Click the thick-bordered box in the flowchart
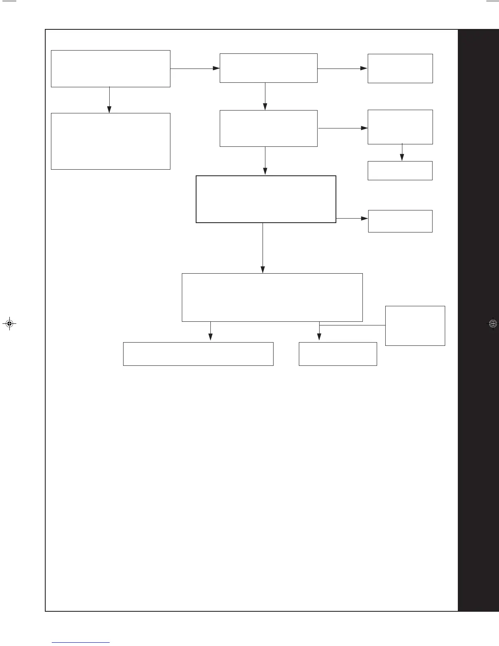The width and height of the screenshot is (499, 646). [266, 199]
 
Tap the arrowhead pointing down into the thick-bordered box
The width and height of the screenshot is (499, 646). [265, 171]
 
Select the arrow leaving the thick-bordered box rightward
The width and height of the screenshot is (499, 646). [352, 218]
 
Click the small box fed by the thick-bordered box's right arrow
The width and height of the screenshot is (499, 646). [400, 221]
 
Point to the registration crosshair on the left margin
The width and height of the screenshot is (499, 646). [9, 324]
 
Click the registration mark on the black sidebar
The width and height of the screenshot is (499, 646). [492, 324]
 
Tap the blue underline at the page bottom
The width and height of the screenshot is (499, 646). [81, 643]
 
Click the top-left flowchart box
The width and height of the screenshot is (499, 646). [110, 69]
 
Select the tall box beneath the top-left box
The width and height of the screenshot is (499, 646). [110, 141]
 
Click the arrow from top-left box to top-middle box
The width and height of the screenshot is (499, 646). [195, 69]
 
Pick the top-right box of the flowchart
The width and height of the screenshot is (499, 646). [400, 69]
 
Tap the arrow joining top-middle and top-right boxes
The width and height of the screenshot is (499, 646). [342, 69]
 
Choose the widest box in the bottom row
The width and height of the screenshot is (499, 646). [198, 354]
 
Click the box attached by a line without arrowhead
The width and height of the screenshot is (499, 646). [415, 326]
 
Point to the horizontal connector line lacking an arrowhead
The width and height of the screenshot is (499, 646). [352, 325]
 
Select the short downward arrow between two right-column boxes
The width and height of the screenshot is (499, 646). [402, 153]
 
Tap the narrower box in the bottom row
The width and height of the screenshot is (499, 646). [338, 354]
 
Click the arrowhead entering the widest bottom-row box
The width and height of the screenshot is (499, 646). [210, 337]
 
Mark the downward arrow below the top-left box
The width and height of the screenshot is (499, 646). [109, 100]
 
